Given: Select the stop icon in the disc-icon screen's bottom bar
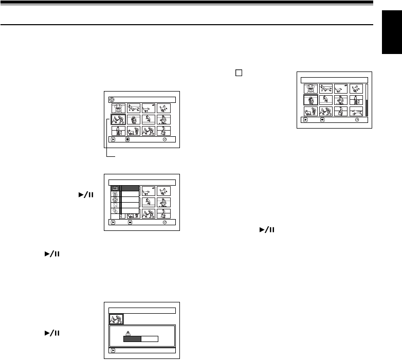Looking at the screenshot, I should (131, 139).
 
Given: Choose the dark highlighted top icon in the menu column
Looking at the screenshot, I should (115, 189).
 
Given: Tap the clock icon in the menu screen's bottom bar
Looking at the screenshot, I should (165, 223).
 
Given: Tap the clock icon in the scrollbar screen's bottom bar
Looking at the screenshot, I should (356, 119).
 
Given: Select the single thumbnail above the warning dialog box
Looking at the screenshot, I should (117, 319).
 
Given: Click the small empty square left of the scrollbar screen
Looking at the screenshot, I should (238, 73).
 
